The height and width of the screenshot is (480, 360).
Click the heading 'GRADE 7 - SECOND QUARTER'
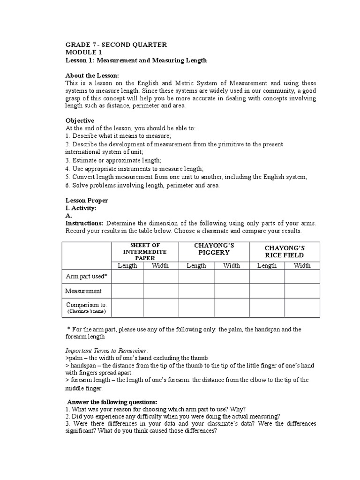(x=116, y=45)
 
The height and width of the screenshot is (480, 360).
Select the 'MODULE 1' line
(x=83, y=52)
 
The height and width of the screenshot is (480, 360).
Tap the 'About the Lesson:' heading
(x=92, y=76)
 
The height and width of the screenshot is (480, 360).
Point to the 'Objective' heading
(x=80, y=120)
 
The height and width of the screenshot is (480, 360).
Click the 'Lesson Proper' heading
(x=87, y=201)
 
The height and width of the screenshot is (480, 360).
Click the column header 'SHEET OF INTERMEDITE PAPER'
(x=145, y=252)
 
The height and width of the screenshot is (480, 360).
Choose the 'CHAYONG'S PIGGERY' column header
(x=214, y=249)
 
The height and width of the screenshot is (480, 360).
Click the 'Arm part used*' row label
(x=88, y=277)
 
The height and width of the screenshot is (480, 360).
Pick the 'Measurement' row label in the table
(x=83, y=291)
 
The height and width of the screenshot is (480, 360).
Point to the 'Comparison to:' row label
(x=87, y=305)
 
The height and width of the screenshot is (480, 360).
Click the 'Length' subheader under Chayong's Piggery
(x=196, y=266)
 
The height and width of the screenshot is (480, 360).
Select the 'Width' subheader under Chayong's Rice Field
(x=302, y=266)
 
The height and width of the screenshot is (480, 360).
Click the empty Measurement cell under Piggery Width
(x=232, y=291)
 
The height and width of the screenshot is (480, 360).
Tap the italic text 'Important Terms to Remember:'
(x=106, y=351)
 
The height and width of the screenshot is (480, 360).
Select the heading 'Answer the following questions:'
(x=112, y=402)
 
